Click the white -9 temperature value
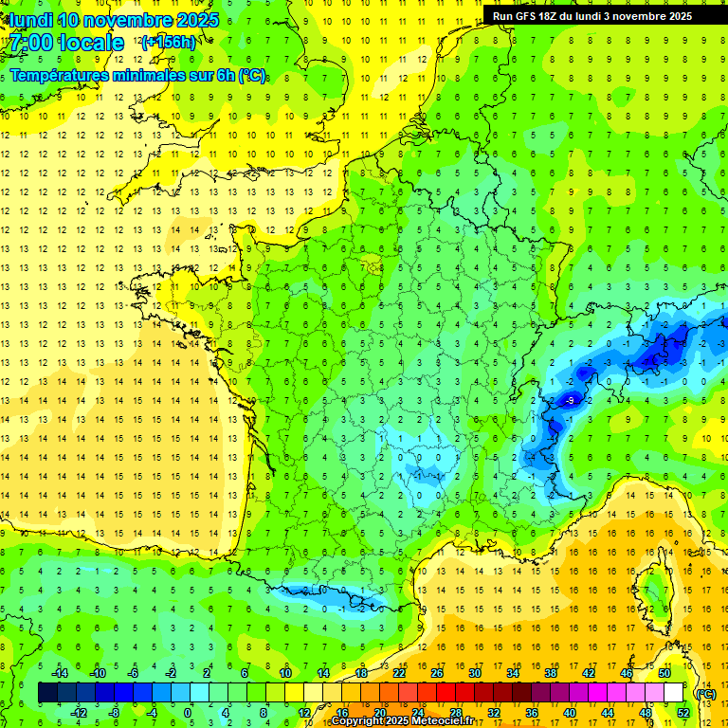[x=569, y=401]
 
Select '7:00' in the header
[x=31, y=43]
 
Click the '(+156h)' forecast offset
[x=169, y=42]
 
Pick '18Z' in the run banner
[x=556, y=16]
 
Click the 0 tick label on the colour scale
[x=188, y=712]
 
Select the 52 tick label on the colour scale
[x=683, y=712]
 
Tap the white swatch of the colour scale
[x=674, y=692]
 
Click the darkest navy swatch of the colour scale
[x=47, y=692]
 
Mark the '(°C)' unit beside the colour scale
[x=705, y=693]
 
